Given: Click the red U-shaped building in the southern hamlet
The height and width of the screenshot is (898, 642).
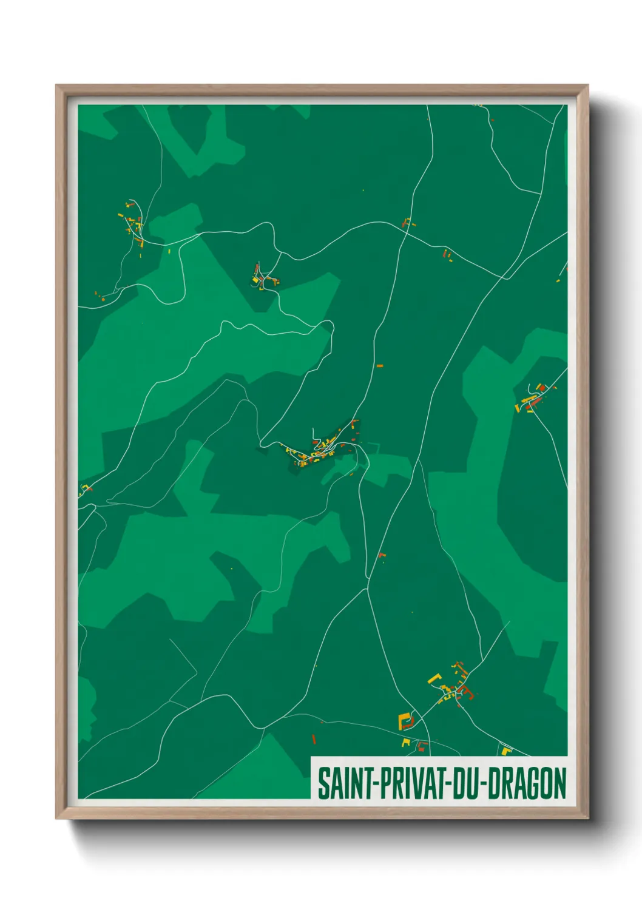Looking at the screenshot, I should pos(422,744).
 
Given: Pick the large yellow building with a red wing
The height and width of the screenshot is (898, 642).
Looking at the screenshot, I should pos(405,721).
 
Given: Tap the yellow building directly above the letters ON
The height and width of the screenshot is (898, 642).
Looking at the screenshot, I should pos(505,751).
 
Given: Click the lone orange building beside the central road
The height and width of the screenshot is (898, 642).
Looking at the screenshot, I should pos(380,366).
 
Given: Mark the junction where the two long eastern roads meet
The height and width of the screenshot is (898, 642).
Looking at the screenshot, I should pos(503,278).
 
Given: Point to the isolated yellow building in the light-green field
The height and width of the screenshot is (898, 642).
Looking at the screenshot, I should pos(231,569).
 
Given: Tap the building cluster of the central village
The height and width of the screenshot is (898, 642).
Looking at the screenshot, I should pos(322,450).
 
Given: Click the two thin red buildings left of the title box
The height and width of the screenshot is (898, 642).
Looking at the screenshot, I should pos(314,739).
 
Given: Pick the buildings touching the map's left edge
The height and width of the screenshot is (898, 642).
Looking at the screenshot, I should pos(84,488).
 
